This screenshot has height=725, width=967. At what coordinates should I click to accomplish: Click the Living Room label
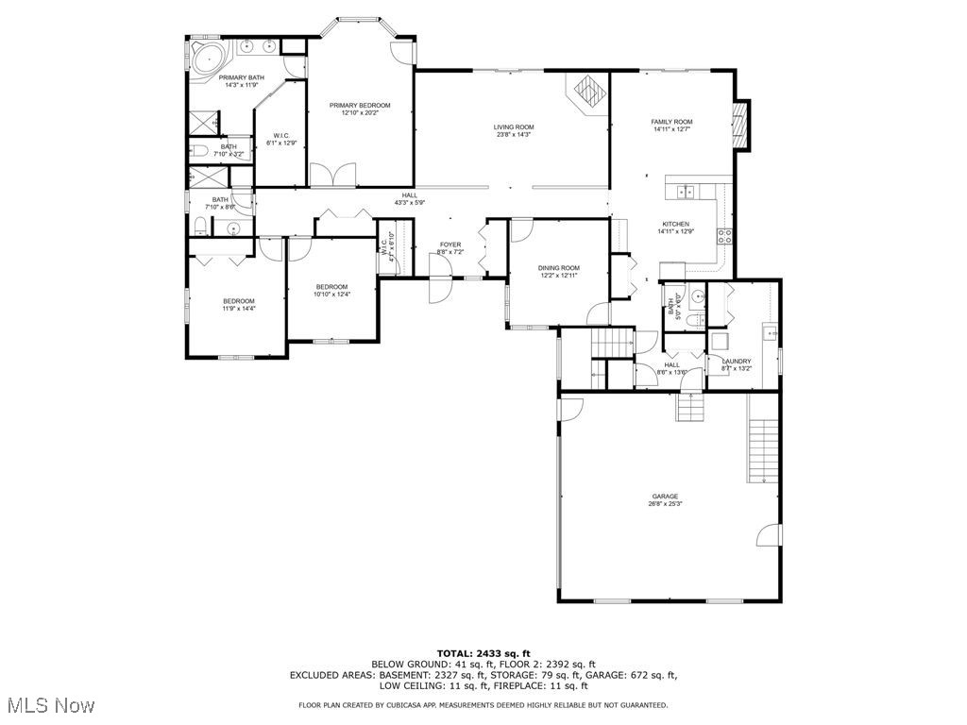pos(514,126)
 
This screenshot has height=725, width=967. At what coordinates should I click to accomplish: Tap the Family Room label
pos(672,122)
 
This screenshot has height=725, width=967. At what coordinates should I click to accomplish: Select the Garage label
pos(665,497)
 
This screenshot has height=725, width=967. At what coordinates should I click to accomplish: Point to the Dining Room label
pos(559,268)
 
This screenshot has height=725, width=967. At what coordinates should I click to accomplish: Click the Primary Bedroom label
pos(360,106)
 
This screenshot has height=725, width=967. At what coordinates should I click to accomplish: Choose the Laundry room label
pos(737,362)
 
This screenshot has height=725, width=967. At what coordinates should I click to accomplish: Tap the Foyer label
pos(450,245)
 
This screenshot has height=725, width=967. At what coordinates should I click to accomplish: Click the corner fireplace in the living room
pos(590,93)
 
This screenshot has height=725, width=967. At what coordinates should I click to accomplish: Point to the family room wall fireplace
pos(743,125)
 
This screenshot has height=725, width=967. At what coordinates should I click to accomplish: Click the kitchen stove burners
pos(725,236)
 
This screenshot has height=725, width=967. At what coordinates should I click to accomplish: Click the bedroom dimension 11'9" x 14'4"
pos(239,308)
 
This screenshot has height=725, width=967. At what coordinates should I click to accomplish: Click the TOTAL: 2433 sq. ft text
pos(483,653)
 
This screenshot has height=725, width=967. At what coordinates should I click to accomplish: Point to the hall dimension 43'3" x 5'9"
pos(410,203)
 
